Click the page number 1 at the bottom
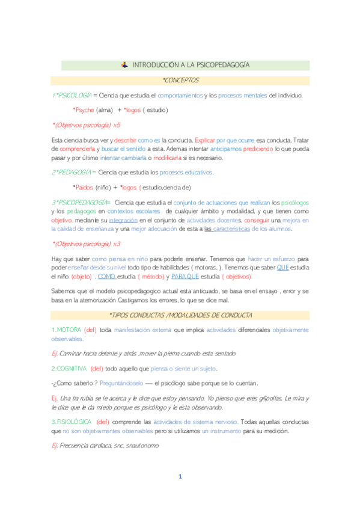(x=179, y=477)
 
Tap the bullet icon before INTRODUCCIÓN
(x=124, y=65)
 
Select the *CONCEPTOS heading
(x=180, y=80)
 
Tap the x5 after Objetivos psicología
(x=117, y=125)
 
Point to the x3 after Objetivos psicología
(x=117, y=244)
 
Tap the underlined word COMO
(x=106, y=276)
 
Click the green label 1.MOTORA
(x=66, y=330)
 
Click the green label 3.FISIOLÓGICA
(x=72, y=422)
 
